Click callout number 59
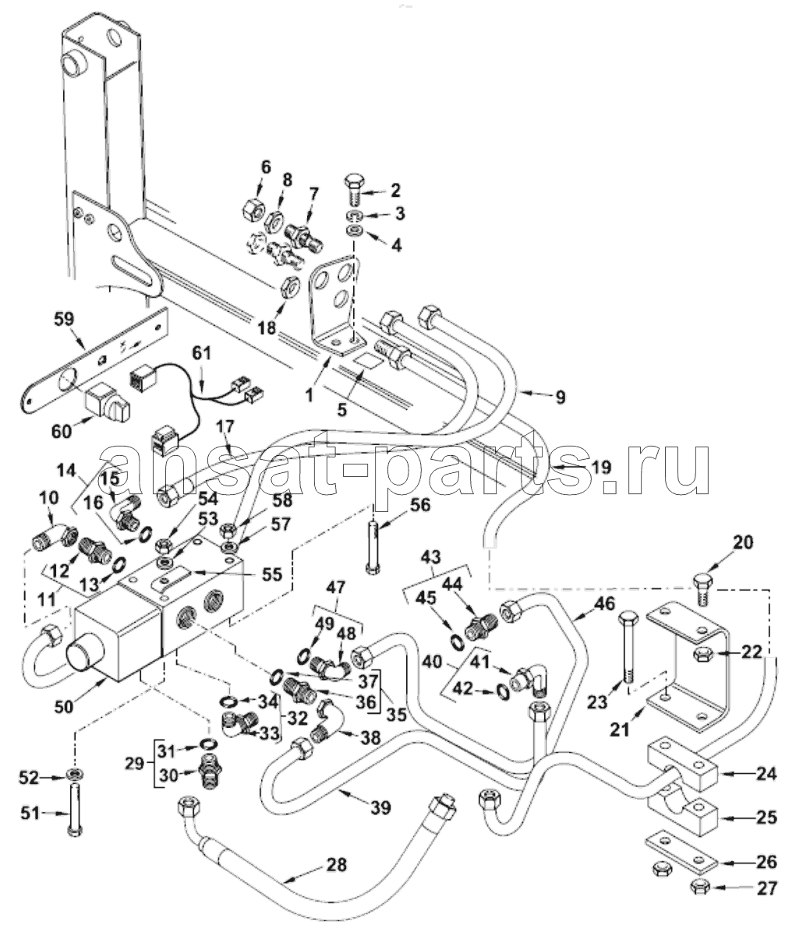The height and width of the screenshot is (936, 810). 64,320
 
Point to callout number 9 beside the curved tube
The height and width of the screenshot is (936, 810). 561,397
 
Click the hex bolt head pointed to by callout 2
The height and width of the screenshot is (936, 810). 353,183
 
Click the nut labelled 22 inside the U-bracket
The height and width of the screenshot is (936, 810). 701,653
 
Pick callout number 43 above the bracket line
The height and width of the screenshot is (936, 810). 430,556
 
